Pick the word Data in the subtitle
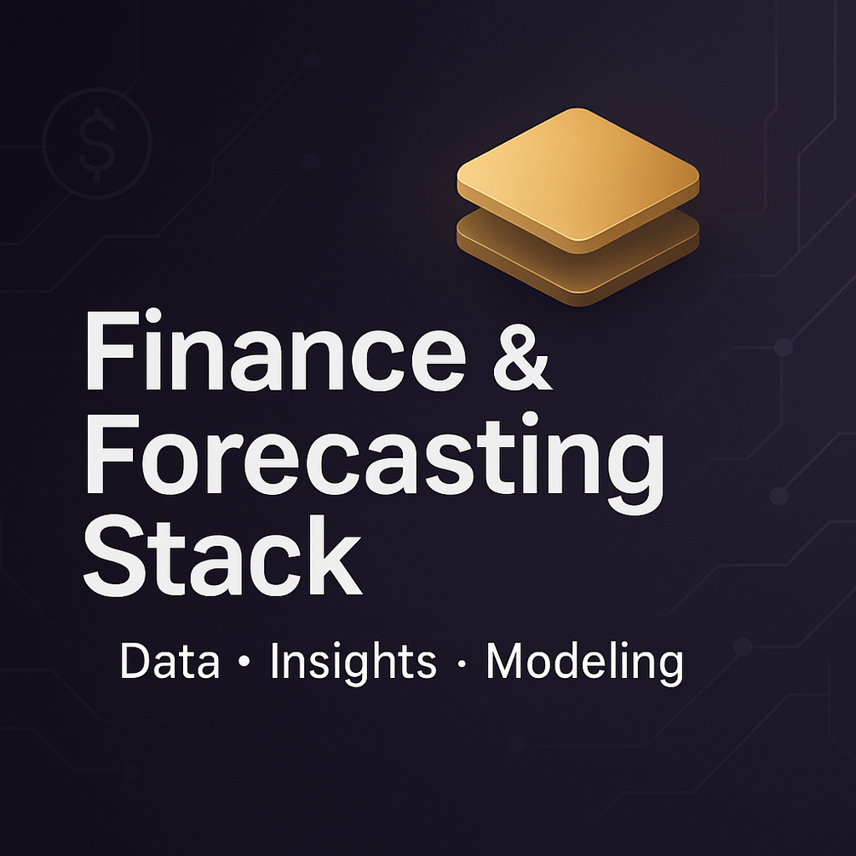[169, 663]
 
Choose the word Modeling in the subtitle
[584, 663]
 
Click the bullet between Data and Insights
[244, 664]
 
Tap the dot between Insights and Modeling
[461, 664]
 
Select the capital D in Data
[135, 663]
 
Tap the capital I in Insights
[274, 663]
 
